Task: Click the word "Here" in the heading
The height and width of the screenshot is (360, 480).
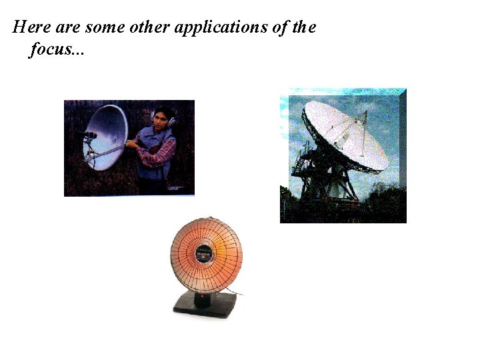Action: pos(27,28)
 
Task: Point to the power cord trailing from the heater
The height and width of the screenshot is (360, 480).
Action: pos(235,292)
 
